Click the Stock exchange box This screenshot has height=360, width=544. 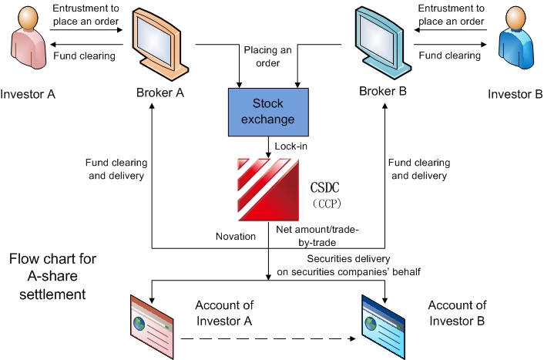coord(268,112)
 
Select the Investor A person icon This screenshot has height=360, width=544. coord(29,45)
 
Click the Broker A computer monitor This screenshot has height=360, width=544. coord(160,43)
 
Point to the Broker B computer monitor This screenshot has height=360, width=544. coord(381,42)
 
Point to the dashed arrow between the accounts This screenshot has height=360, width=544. coord(270,338)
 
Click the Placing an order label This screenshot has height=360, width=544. coord(267,56)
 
